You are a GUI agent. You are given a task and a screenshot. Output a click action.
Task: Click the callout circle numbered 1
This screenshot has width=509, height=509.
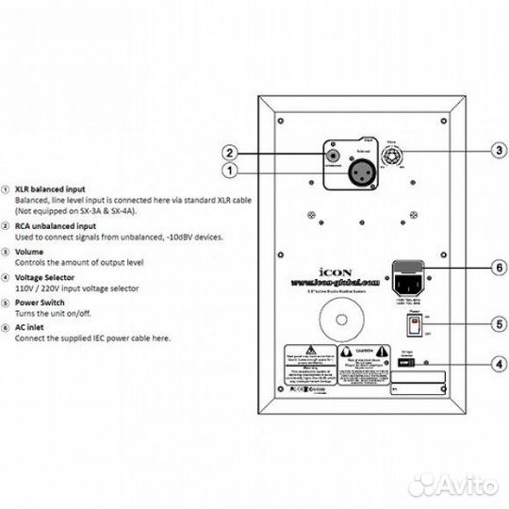227,172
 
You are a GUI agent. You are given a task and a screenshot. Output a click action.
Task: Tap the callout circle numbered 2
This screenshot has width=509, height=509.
227,152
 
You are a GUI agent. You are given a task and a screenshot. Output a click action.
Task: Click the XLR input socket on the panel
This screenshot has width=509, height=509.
336,171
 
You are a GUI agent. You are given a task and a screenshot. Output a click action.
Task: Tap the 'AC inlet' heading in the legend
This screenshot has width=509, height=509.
29,325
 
